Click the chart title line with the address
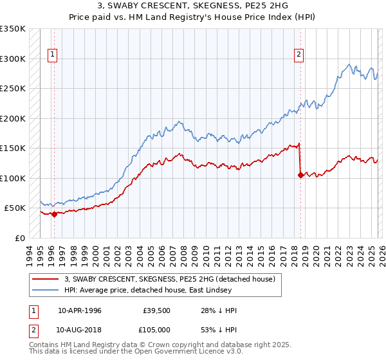(x=193, y=6)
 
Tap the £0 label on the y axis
(x=19, y=238)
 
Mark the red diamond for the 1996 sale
(x=54, y=215)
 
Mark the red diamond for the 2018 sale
(x=300, y=174)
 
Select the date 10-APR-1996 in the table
(x=80, y=310)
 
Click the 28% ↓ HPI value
(x=219, y=310)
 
